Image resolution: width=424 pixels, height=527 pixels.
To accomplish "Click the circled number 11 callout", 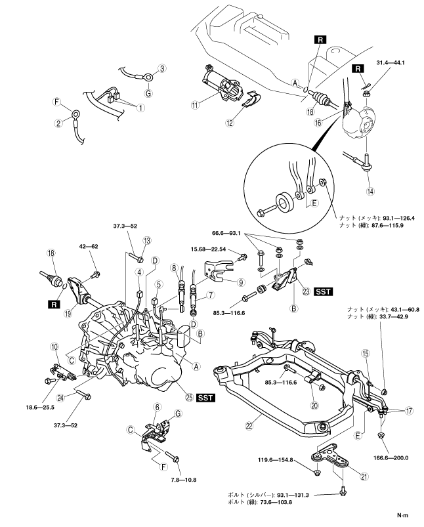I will click(x=194, y=105).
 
